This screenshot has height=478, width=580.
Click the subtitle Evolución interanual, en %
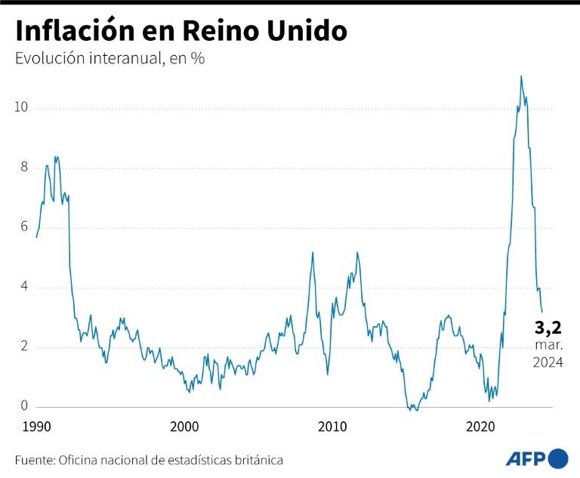point(110,59)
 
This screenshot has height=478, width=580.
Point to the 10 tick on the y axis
point(21,108)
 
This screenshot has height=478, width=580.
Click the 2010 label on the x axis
point(332,427)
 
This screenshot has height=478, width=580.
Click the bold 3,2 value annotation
point(548,328)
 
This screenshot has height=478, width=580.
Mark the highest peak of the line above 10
point(521,76)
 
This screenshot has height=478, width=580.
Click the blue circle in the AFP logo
point(558,458)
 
